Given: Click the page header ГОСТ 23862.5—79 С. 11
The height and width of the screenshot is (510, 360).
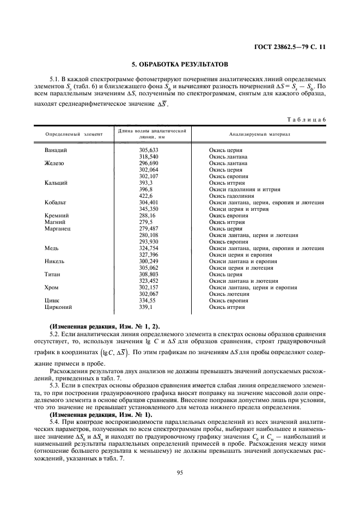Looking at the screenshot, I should coord(292,47).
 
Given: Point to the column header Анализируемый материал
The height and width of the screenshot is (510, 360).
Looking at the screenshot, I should coord(260,133).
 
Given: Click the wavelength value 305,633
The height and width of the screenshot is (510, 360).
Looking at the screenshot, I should coord(149,150).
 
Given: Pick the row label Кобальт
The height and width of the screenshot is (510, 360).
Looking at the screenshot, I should coord(56,203).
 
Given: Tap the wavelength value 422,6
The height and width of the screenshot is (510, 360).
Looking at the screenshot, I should coord(147,196).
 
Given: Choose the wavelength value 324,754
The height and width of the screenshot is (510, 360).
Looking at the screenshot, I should coord(149,248).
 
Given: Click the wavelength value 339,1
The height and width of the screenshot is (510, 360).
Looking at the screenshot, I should coord(145,307).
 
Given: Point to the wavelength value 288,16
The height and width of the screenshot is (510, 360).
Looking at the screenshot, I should coord(147,216).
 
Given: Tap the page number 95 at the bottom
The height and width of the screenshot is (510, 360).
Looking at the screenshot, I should coord(180,472).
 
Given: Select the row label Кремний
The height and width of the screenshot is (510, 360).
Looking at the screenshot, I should coord(57,216).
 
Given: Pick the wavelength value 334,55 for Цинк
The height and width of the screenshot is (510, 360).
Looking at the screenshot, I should coord(147,301).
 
